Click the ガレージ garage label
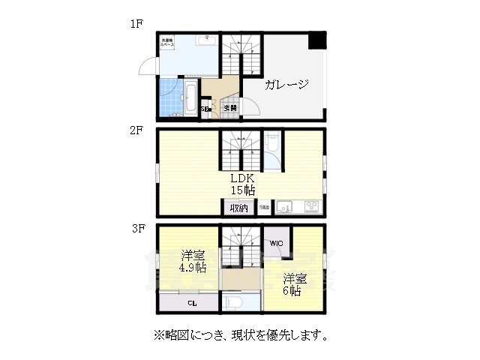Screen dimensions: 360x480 (x=286, y=85)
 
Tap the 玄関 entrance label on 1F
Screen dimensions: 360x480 (x=230, y=109)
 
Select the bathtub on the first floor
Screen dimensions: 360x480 (x=190, y=100)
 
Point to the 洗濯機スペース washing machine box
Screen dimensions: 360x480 (x=166, y=43)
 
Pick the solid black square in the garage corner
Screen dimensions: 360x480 (x=319, y=40)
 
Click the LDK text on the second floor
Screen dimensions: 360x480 (x=243, y=178)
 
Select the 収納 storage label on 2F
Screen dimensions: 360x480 (x=238, y=208)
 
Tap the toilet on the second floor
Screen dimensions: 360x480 (x=274, y=143)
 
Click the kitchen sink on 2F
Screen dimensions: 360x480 (x=285, y=207)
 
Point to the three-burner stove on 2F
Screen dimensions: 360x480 (x=310, y=207)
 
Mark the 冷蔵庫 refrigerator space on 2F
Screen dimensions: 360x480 (x=264, y=208)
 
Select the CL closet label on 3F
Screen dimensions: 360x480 (x=192, y=304)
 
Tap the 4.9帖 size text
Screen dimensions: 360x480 (x=192, y=268)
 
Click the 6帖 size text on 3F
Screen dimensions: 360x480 (x=292, y=291)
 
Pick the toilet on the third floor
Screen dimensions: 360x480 (x=233, y=303)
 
